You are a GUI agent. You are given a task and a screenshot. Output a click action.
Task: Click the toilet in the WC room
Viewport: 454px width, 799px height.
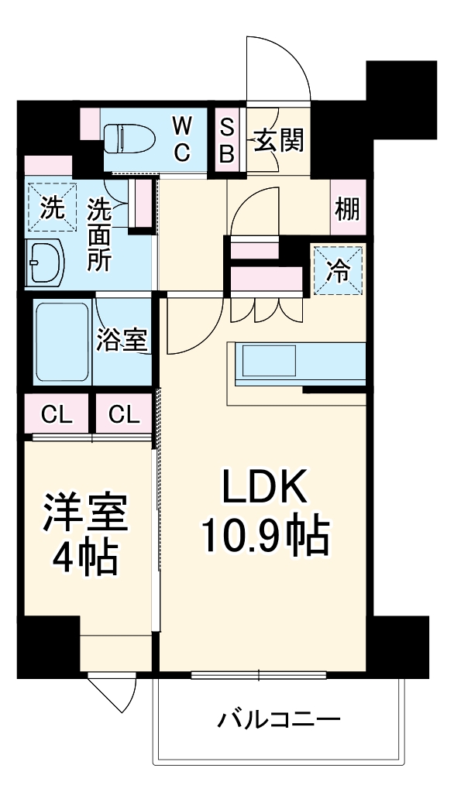click(130, 140)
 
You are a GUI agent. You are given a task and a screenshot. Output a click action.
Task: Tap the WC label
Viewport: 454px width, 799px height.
click(181, 139)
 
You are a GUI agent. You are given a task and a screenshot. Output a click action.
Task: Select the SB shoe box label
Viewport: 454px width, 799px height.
click(227, 140)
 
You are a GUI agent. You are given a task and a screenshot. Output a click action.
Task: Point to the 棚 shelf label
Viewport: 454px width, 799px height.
click(346, 208)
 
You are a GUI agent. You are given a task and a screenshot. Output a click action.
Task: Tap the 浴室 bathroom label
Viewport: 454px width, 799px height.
click(122, 341)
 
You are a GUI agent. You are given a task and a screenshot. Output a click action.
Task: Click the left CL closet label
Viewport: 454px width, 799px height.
click(57, 415)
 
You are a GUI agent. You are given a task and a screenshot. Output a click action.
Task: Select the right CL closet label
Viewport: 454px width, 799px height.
click(124, 415)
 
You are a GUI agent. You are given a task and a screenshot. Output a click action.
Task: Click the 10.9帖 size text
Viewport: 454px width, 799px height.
click(266, 534)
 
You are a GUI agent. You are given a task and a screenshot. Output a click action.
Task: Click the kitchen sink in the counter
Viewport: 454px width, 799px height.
click(269, 361)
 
